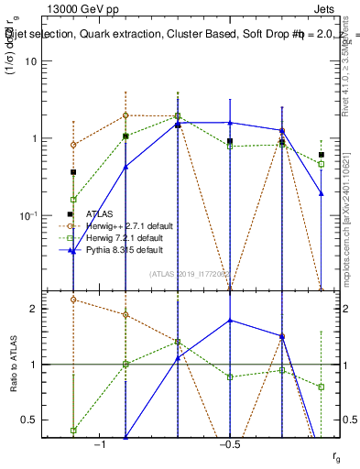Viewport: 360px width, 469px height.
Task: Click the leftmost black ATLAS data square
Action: (73, 172)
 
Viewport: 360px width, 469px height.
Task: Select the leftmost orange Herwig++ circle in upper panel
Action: (73, 145)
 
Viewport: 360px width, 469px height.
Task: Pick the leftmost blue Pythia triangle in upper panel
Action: (73, 252)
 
